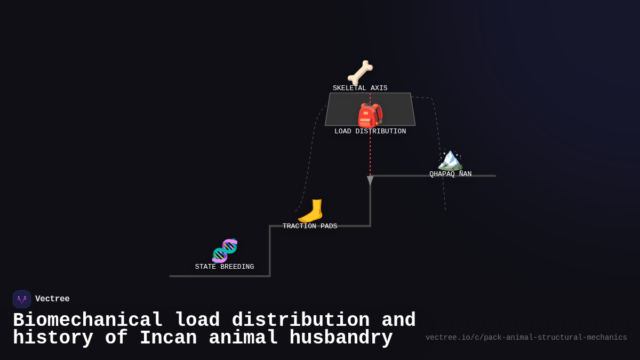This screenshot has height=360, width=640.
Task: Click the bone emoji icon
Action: (x=360, y=72)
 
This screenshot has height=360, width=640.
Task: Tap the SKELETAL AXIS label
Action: (x=360, y=89)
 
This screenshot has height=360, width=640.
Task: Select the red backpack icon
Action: (x=370, y=115)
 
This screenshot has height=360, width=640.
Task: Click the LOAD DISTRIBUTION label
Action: (x=370, y=132)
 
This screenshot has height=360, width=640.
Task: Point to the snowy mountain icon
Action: (x=450, y=159)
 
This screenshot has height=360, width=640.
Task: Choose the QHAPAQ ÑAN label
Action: (x=451, y=174)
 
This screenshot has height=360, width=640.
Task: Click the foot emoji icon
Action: (x=310, y=211)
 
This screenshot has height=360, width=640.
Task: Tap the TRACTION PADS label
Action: (x=310, y=227)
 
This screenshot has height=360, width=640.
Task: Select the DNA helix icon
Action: (x=225, y=251)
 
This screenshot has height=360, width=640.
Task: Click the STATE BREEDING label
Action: (x=225, y=267)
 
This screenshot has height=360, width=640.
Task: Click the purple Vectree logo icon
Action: (x=22, y=299)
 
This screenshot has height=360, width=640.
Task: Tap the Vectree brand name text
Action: (x=52, y=299)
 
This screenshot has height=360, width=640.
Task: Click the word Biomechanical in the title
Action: (x=87, y=321)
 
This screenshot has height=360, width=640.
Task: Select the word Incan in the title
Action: (x=168, y=338)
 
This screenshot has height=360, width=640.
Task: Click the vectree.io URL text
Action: (x=526, y=338)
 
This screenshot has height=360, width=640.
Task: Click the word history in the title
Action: (x=53, y=338)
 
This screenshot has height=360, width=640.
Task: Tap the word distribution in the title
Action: (x=300, y=321)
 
